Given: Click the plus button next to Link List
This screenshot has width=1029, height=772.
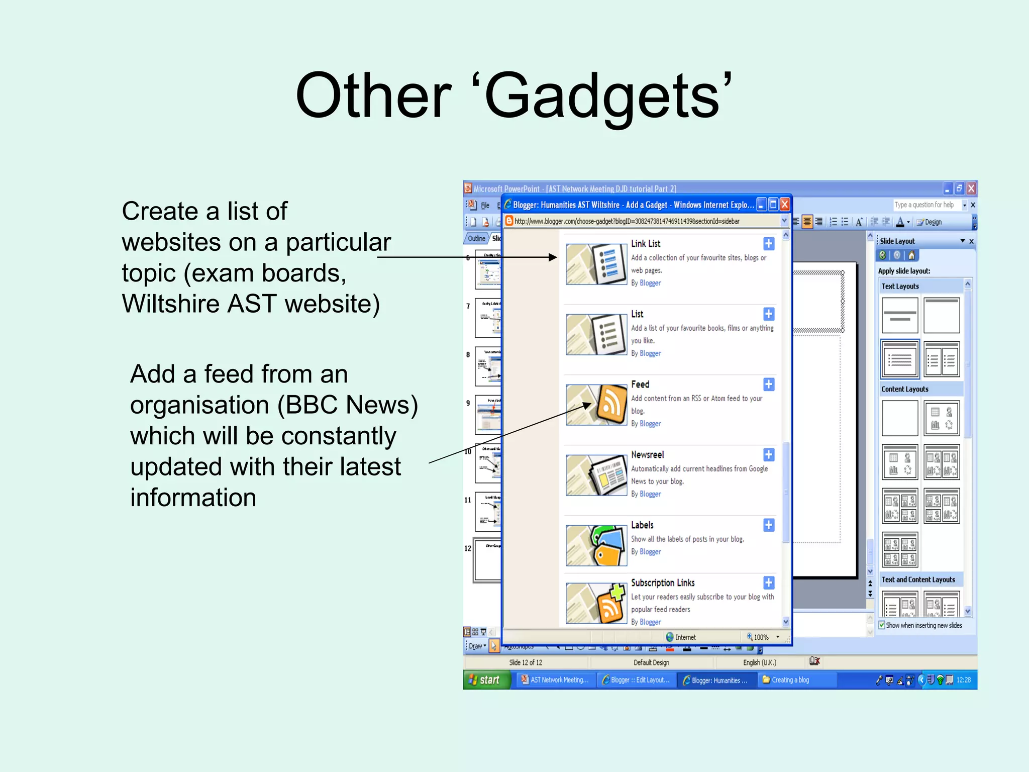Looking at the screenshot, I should coord(769,244).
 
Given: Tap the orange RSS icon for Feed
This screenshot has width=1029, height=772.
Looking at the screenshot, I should coord(611,404).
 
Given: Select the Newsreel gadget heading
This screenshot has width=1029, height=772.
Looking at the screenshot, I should coord(647,454).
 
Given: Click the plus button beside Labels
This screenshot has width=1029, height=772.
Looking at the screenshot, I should coord(769,525).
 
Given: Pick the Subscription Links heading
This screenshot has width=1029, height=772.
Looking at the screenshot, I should coord(662,583).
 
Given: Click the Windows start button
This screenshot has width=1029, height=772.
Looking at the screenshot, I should coord(485,680).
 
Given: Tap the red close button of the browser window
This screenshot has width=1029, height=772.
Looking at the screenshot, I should coord(784,205).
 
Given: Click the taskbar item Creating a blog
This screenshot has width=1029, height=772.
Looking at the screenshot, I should coord(789,680).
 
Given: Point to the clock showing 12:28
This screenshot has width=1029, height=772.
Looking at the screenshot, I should coord(963,680).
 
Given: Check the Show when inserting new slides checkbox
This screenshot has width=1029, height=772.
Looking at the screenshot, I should coord(882,625).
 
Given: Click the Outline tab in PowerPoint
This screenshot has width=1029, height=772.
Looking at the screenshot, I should coord(476,238).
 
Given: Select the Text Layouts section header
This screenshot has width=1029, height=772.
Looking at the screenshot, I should coord(900,286).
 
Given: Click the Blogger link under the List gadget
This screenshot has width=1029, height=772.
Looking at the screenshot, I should coord(650,353).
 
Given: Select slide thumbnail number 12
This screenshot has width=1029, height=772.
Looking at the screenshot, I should coord(487,561).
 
